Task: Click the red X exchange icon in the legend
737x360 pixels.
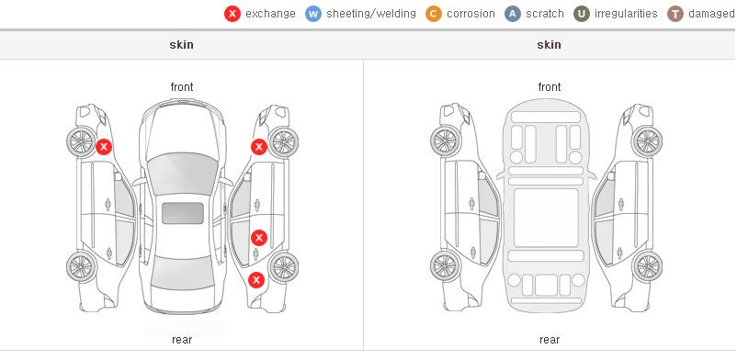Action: click(x=232, y=14)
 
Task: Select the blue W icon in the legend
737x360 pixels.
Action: click(x=313, y=14)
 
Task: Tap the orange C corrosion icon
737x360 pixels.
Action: click(x=434, y=14)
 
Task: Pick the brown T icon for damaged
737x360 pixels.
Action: click(x=675, y=14)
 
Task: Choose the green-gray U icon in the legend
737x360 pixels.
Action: click(x=582, y=14)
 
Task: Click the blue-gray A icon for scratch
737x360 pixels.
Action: click(x=513, y=14)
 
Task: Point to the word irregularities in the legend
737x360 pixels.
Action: click(x=626, y=14)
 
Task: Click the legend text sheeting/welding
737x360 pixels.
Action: click(x=371, y=14)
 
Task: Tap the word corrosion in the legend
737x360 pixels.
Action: click(x=471, y=14)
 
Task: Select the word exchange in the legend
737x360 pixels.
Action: click(x=270, y=14)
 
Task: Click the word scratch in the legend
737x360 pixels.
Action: click(x=544, y=14)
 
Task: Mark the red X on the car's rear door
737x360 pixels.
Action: click(x=258, y=238)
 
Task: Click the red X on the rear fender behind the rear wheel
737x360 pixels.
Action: click(x=256, y=281)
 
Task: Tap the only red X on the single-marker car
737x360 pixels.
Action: click(x=104, y=147)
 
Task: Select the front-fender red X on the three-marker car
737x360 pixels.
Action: click(x=258, y=147)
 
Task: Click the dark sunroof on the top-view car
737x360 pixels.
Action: click(x=183, y=213)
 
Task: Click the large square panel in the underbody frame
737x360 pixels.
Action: click(x=546, y=218)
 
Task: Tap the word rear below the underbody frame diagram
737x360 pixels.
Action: click(x=550, y=339)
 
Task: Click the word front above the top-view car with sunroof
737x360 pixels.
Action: click(x=181, y=87)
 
